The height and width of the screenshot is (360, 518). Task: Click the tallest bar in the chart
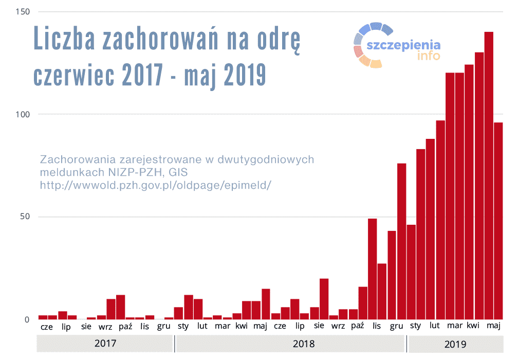tap(489, 175)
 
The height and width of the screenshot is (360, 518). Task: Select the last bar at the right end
tap(498, 221)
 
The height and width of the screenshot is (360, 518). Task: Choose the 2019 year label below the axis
tap(455, 344)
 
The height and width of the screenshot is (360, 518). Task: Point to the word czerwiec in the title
tap(75, 75)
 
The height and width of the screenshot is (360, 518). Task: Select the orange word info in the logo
tap(429, 56)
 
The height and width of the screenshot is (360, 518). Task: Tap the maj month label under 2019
tap(493, 326)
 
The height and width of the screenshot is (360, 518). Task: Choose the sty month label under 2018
tap(183, 326)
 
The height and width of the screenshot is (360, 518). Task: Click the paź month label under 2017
tap(125, 326)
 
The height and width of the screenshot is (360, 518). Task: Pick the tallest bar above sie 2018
tap(324, 299)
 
